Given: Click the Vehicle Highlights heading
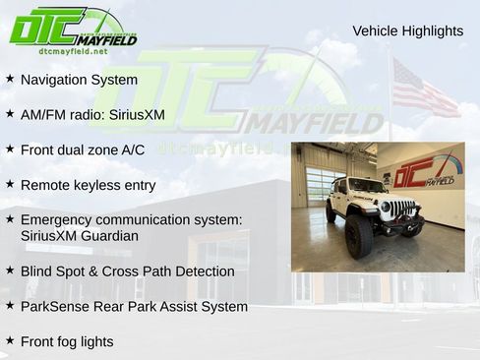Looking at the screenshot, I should pyautogui.click(x=407, y=30).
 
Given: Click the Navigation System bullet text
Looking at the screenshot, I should pyautogui.click(x=79, y=79).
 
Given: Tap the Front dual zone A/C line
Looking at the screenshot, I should pyautogui.click(x=82, y=150).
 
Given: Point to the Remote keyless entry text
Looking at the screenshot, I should pyautogui.click(x=88, y=185).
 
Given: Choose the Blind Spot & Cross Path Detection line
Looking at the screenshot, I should pyautogui.click(x=127, y=270).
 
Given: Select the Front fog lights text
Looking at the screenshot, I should pyautogui.click(x=67, y=341).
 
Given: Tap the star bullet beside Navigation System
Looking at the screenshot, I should pyautogui.click(x=10, y=78).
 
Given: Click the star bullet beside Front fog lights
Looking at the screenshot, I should pyautogui.click(x=10, y=340).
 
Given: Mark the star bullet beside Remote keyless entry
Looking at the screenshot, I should pyautogui.click(x=10, y=184).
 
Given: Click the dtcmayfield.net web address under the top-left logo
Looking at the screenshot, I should pyautogui.click(x=74, y=50).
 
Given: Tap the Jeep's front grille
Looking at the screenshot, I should pyautogui.click(x=400, y=210).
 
